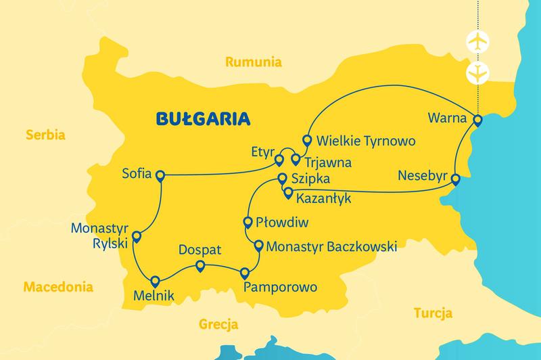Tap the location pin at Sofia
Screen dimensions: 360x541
(160, 176)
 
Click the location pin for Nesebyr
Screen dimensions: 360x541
(456, 179)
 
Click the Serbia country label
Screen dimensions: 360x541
(45, 135)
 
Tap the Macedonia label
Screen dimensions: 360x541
(57, 287)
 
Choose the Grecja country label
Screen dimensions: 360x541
(218, 324)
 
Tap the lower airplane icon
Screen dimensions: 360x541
(477, 72)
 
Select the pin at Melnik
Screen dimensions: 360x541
(156, 281)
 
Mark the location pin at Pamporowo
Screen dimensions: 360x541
(244, 273)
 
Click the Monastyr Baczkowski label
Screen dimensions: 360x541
(331, 247)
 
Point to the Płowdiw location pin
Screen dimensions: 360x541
(248, 221)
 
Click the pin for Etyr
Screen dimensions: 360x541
(278, 160)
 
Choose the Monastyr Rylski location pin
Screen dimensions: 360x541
(136, 237)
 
